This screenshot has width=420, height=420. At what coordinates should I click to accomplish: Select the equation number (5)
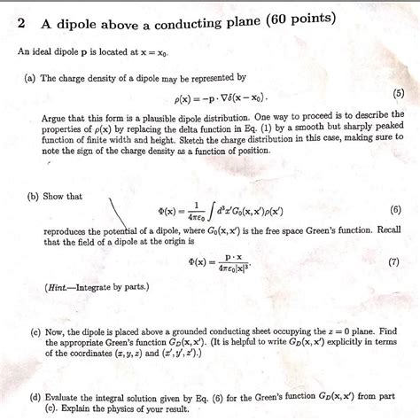click(396, 93)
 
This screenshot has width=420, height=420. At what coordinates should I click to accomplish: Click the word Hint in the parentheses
click(59, 288)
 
